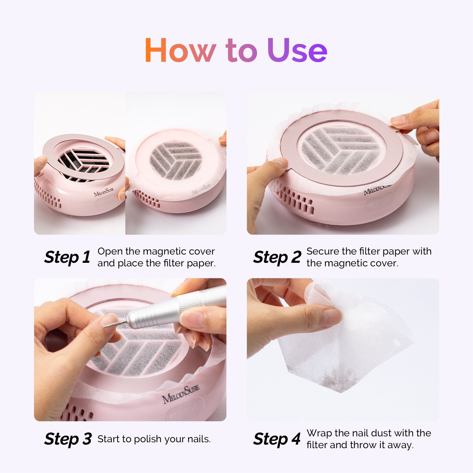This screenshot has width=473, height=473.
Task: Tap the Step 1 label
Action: point(67,257)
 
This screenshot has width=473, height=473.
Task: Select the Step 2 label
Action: point(277,257)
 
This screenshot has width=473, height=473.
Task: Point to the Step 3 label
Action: point(68,439)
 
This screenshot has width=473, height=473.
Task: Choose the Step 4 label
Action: point(277,439)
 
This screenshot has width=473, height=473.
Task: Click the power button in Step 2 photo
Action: point(372,205)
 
